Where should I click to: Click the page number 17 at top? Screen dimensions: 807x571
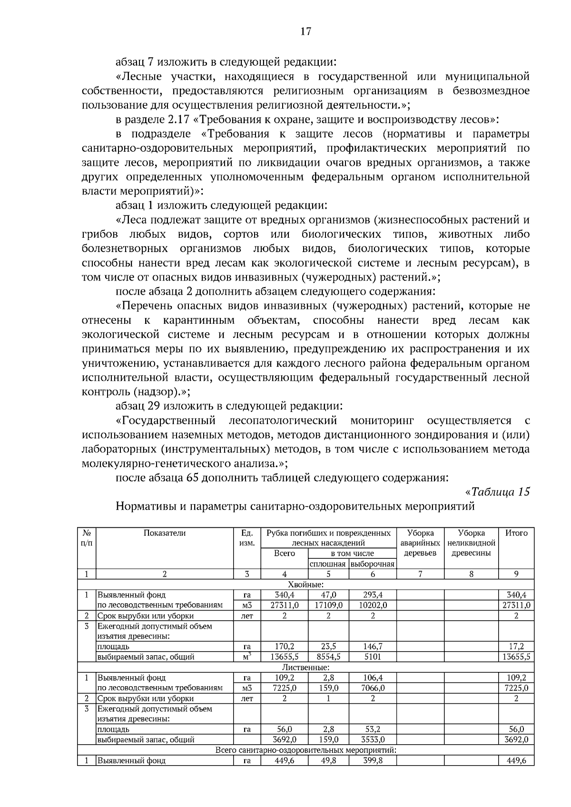click(x=305, y=31)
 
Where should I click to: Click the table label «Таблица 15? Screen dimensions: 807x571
click(x=497, y=492)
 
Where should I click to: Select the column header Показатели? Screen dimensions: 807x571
click(x=165, y=533)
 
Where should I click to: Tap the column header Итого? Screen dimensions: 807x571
click(x=516, y=533)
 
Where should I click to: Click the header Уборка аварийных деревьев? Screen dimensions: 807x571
click(x=420, y=543)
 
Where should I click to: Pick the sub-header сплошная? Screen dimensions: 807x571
click(x=328, y=564)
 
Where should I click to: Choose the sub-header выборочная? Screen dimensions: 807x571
click(x=373, y=564)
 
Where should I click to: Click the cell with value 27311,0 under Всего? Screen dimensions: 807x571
click(x=285, y=605)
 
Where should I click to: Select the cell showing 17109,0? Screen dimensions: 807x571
click(x=328, y=605)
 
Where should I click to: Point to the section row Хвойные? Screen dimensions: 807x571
click(x=305, y=584)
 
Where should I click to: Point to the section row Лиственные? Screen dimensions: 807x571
click(x=305, y=667)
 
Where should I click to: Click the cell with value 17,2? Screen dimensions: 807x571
click(x=516, y=647)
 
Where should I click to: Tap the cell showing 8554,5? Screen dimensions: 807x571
click(x=328, y=657)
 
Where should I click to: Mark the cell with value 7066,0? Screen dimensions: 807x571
click(x=373, y=688)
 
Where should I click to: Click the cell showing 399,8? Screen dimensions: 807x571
click(x=373, y=760)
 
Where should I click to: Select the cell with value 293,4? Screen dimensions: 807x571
click(x=373, y=595)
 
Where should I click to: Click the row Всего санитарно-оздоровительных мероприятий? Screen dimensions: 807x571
click(x=305, y=750)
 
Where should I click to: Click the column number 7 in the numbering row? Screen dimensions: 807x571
click(x=420, y=574)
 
